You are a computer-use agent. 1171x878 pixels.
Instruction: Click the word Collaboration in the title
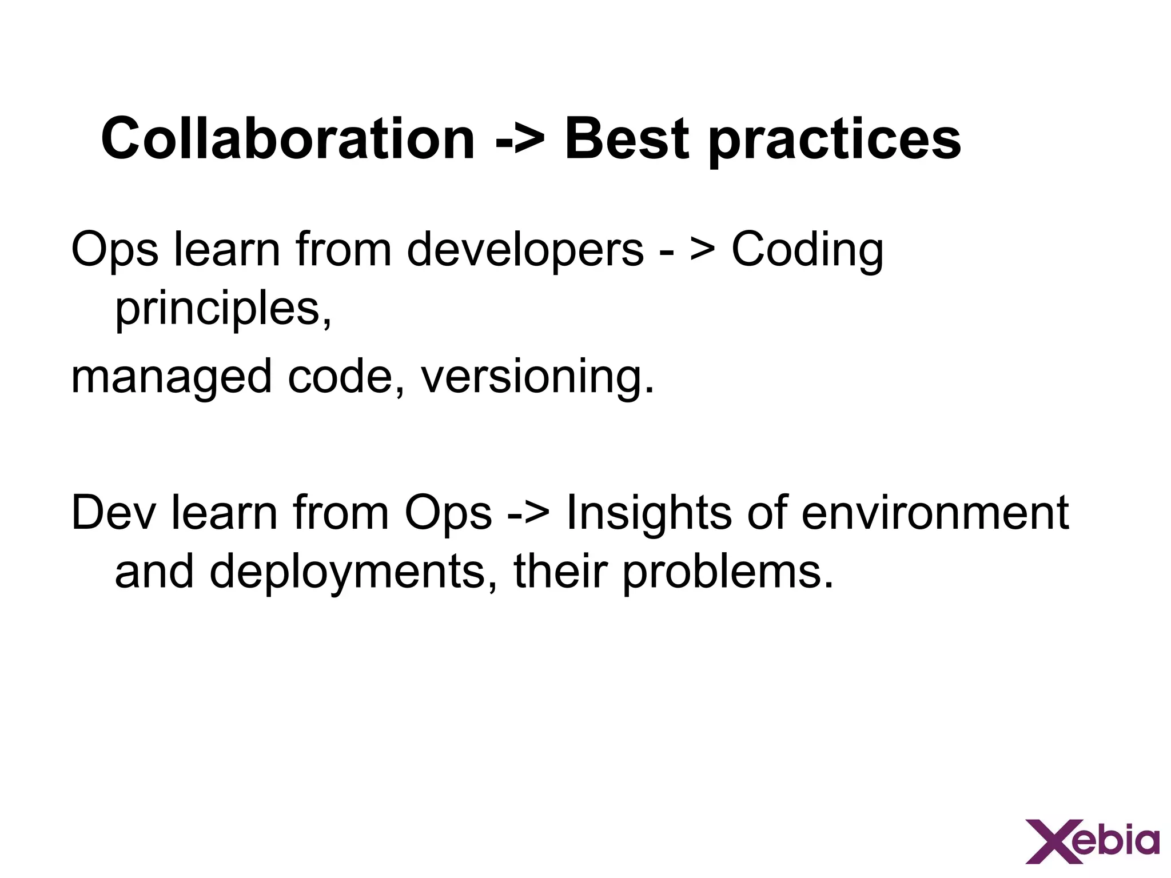[288, 139]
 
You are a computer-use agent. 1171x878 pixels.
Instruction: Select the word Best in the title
[627, 139]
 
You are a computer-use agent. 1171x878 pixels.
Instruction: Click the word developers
[525, 250]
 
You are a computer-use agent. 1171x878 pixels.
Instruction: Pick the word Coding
[807, 250]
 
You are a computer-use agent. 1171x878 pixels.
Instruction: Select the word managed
[171, 378]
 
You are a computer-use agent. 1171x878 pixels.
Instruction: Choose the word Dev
[113, 513]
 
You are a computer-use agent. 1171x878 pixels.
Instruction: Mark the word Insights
[648, 513]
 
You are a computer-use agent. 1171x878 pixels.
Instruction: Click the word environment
[935, 513]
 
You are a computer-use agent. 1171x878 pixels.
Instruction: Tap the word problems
[727, 572]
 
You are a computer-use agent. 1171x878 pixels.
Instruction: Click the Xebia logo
[1093, 842]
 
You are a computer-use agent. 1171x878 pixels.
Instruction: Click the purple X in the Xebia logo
[1050, 842]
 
